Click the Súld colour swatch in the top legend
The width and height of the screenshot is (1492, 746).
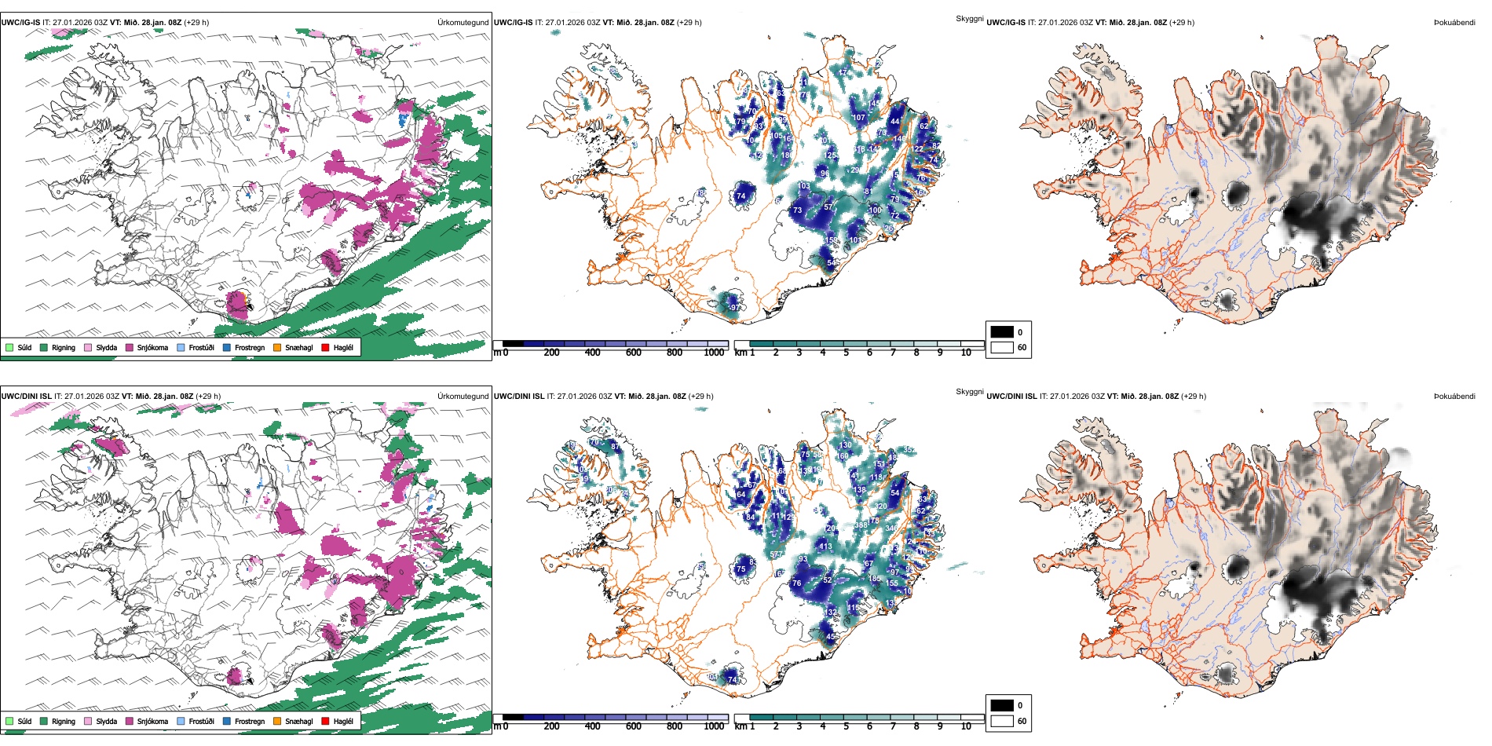9,347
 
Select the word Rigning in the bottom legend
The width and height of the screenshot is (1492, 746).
64,721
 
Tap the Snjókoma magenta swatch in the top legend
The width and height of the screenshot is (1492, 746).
130,347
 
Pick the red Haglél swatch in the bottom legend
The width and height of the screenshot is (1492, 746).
326,721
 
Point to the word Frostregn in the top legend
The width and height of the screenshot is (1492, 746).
250,347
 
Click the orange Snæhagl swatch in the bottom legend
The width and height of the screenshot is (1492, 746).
277,721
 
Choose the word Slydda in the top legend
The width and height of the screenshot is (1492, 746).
107,347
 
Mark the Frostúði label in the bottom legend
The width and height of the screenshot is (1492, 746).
201,721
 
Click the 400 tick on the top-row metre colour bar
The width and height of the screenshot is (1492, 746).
592,353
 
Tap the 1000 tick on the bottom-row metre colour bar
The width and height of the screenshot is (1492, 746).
714,726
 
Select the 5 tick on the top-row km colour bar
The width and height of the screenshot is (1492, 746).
846,353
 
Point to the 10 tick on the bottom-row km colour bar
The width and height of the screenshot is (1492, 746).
966,726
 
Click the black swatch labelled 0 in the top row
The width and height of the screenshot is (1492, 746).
1002,332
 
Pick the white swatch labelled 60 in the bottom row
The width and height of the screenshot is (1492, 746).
1002,721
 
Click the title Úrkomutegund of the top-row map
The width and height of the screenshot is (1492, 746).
463,23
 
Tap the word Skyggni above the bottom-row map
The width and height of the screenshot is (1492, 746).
969,392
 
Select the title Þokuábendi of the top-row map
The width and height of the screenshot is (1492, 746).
1454,23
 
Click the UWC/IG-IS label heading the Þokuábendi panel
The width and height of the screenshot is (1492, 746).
1006,23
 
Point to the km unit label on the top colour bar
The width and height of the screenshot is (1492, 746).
740,353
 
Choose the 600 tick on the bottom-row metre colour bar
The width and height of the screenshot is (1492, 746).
633,726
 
